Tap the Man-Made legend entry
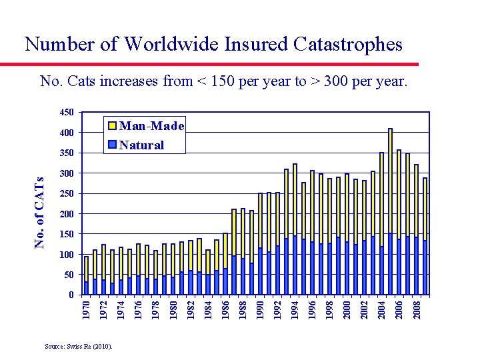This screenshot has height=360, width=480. pos(151,126)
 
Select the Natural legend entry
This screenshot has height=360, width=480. pos(141,145)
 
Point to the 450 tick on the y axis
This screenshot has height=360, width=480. pos(65,113)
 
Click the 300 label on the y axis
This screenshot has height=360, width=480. pos(65,173)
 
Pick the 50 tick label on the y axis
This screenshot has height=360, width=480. pos(68,275)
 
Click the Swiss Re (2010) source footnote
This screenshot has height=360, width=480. pos(79,346)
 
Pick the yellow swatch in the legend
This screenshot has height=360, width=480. pos(113,126)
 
